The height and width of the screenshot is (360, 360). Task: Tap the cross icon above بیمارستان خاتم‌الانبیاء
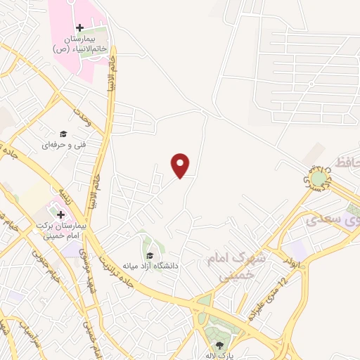[x=79, y=27]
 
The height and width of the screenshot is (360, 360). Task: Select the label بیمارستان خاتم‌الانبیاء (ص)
[x=79, y=44]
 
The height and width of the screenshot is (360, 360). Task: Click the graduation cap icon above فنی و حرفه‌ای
[x=63, y=134]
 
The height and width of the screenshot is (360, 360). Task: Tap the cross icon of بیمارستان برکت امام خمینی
[x=61, y=214]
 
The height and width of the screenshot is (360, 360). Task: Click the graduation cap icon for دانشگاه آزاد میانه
[x=150, y=255]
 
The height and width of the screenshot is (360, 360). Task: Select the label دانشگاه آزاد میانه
[x=150, y=266]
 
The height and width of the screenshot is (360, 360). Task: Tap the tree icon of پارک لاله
[x=220, y=345]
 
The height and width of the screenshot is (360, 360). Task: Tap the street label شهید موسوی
[x=85, y=264]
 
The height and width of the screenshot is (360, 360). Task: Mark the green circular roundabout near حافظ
[x=320, y=180]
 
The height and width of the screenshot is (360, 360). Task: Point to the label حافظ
[x=349, y=163]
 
